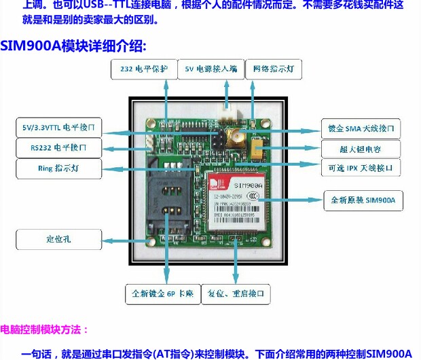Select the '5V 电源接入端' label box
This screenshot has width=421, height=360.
point(210,69)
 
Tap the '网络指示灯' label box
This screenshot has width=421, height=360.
point(274,69)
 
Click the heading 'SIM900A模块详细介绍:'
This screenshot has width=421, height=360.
point(73,46)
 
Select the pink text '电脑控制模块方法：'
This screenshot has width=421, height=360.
point(45,330)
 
